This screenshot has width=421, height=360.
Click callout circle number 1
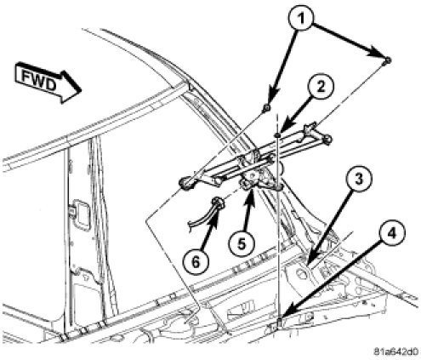tap(301, 19)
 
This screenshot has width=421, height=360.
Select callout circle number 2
tap(321, 88)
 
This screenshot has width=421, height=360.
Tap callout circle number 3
tap(359, 180)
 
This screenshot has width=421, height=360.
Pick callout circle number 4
tap(392, 233)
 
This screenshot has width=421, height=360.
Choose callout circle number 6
tap(196, 262)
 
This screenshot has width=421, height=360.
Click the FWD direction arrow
tap(48, 83)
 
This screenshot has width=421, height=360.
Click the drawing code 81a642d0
tap(395, 351)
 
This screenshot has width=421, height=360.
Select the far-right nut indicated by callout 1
tap(388, 60)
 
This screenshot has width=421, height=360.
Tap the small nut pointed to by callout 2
tap(277, 135)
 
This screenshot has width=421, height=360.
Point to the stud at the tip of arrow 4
tap(279, 323)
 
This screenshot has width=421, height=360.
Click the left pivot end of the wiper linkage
tap(186, 182)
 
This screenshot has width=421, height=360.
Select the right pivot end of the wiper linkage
tap(327, 139)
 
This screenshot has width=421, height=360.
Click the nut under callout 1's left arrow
tap(267, 108)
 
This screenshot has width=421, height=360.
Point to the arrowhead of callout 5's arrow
tap(250, 194)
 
